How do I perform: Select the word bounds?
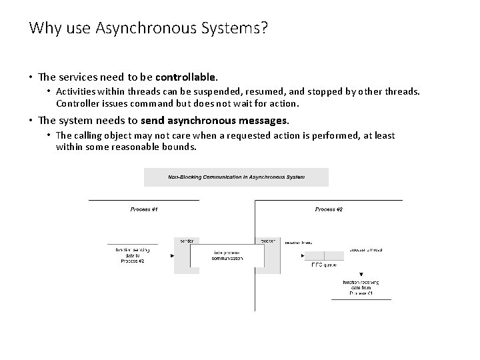coord(179,147)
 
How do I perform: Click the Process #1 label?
coord(144,210)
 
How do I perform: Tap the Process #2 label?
coord(329,210)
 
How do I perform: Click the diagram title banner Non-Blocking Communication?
coord(236,177)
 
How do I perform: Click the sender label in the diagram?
coord(186,240)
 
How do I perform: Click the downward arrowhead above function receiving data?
coord(361,273)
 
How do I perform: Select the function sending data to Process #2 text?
coord(132,255)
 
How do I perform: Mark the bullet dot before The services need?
coord(31,78)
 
